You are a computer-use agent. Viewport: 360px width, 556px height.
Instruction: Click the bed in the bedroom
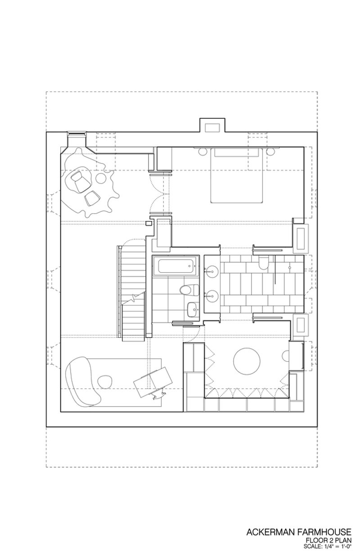[237, 175]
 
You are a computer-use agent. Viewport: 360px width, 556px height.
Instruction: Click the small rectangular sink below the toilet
[193, 309]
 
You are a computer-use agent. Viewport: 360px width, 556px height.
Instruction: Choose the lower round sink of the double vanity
[211, 296]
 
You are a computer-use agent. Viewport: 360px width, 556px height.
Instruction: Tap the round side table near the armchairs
[101, 178]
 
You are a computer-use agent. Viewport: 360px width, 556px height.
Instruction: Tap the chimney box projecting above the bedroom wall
[212, 126]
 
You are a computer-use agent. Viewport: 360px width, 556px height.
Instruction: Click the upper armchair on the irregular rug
[80, 181]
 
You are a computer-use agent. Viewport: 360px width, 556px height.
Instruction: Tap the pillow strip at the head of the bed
[237, 152]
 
